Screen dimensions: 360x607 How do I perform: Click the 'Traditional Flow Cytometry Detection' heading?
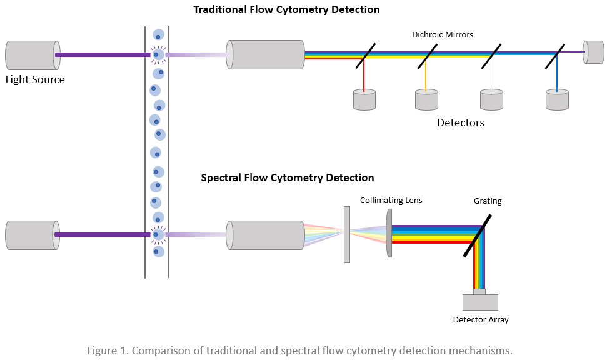click(286, 9)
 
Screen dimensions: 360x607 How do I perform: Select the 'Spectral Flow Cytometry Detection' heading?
click(287, 177)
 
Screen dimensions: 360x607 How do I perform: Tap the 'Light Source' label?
click(35, 79)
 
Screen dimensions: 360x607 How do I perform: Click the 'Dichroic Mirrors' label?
click(442, 35)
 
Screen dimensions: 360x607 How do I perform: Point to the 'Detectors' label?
click(460, 122)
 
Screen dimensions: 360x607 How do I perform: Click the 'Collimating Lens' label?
click(391, 200)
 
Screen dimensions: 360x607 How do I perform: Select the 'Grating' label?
click(487, 201)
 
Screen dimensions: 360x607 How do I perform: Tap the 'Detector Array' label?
click(480, 320)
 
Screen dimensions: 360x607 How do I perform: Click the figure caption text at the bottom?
click(299, 350)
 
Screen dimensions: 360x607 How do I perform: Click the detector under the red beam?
click(364, 100)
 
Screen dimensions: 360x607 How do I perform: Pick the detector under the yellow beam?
click(426, 100)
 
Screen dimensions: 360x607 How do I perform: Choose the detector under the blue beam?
click(557, 100)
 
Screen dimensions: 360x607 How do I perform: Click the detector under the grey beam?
click(491, 100)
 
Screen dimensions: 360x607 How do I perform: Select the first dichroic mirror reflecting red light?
click(365, 55)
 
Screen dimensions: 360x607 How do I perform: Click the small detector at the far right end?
click(594, 52)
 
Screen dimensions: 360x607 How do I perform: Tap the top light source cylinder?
click(33, 55)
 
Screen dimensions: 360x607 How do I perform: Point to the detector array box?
click(480, 302)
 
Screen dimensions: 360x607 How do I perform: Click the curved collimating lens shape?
click(389, 233)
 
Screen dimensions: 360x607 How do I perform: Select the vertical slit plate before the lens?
click(347, 234)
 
